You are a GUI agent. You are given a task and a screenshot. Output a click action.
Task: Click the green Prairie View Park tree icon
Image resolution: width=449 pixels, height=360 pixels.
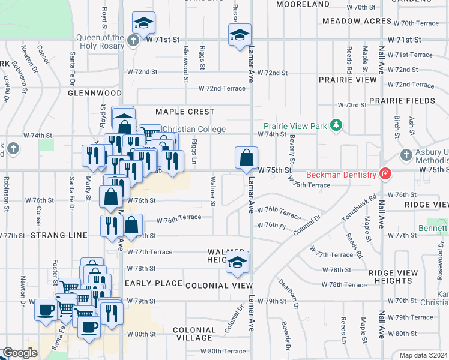[337, 125]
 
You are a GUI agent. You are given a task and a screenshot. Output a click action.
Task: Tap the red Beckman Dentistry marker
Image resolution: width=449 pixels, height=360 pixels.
[385, 175]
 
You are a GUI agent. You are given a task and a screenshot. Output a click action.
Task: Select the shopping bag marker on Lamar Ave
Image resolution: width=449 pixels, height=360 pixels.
[246, 159]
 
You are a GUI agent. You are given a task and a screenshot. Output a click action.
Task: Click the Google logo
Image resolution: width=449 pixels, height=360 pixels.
[20, 353]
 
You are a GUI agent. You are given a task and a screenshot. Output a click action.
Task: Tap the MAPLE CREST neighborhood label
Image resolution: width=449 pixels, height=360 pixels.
[185, 112]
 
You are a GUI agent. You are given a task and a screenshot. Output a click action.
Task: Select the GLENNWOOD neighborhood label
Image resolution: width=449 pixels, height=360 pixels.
[95, 94]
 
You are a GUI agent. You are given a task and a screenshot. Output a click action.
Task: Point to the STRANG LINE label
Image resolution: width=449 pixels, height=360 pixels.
[61, 235]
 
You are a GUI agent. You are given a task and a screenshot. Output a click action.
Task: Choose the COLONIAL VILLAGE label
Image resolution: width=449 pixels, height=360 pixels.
[194, 334]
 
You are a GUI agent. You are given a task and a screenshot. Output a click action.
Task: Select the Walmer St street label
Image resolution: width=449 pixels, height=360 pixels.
[213, 191]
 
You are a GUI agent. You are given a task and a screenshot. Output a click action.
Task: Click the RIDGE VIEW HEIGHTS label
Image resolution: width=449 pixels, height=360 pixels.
[393, 277]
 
